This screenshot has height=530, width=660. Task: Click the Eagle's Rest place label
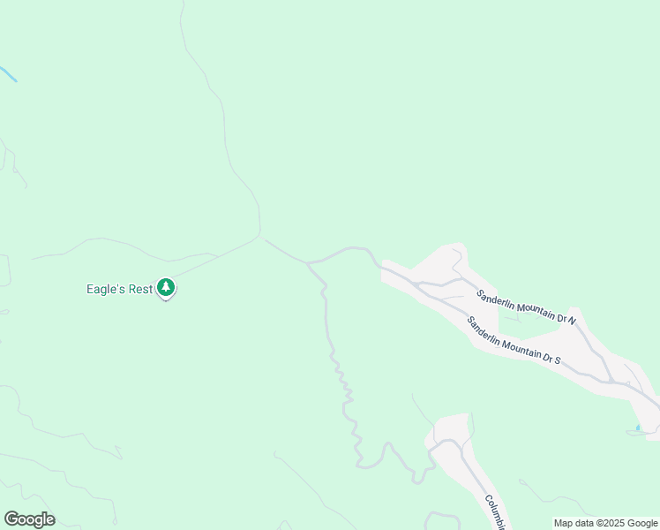[119, 289]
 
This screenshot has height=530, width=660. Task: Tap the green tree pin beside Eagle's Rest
[166, 287]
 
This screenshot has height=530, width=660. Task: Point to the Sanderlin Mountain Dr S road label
[514, 341]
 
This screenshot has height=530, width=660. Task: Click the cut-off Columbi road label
[493, 511]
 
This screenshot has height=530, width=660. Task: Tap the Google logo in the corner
[29, 519]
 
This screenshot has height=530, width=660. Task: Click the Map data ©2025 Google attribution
[605, 523]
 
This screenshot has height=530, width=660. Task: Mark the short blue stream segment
[7, 74]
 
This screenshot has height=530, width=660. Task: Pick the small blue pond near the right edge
[638, 429]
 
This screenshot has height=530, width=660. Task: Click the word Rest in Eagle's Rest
[139, 289]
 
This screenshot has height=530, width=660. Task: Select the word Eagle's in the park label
[105, 289]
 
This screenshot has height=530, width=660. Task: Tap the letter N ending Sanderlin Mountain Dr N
[572, 321]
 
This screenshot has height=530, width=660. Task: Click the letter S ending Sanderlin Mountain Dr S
[558, 360]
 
